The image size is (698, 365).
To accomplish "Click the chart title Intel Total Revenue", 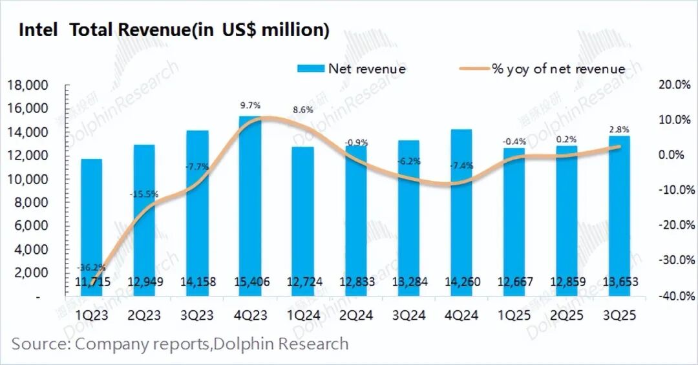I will click(x=174, y=30).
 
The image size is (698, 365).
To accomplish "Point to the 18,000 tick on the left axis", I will click(x=27, y=85).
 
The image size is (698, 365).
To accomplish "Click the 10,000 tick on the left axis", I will click(x=27, y=179).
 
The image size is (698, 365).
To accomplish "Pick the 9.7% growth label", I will click(x=250, y=105).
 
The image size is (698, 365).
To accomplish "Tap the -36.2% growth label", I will click(x=91, y=267).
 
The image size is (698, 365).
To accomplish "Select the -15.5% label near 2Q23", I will click(x=145, y=193).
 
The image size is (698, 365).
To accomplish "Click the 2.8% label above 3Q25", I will click(x=619, y=129).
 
